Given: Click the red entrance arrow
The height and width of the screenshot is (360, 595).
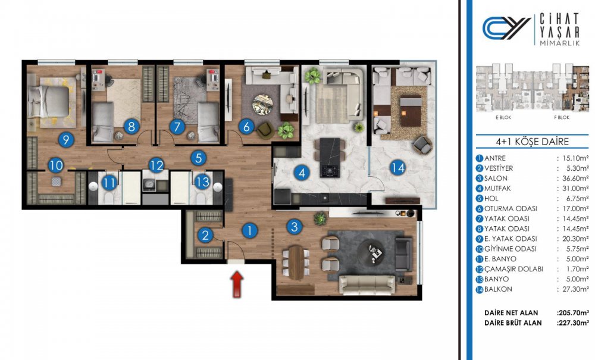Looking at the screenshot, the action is tap(237, 284).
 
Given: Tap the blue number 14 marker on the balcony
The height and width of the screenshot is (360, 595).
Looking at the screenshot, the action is tap(397, 167).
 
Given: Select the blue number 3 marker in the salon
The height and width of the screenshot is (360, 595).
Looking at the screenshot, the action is tap(294, 227).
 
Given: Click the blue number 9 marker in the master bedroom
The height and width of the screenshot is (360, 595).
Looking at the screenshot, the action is tap(66, 140).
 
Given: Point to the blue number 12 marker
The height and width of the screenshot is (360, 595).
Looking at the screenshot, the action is tap(156, 165).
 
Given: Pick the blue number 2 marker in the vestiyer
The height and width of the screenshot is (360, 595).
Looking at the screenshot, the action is tap(205, 235).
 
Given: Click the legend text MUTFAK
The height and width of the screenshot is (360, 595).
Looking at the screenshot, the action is tap(497, 188).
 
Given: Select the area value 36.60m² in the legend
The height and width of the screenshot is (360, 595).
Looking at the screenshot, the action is tap(574, 179).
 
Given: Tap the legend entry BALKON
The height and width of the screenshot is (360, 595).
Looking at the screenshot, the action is tap(498, 289).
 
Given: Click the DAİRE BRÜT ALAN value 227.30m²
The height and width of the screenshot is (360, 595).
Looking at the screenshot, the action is tap(573, 323).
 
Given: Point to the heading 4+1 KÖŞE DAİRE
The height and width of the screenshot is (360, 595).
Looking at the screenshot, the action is tap(532, 142).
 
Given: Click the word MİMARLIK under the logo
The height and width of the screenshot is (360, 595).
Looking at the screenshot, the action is tap(560, 43).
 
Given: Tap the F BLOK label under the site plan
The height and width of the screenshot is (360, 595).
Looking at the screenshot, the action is tap(562, 118).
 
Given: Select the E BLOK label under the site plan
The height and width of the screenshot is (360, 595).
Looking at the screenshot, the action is tap(503, 118).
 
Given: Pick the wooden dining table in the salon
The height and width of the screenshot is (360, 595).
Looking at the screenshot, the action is tap(296, 262).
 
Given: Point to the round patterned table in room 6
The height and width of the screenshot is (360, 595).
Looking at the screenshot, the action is tap(262, 104).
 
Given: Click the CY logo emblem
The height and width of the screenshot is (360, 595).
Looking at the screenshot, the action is tap(506, 28).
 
